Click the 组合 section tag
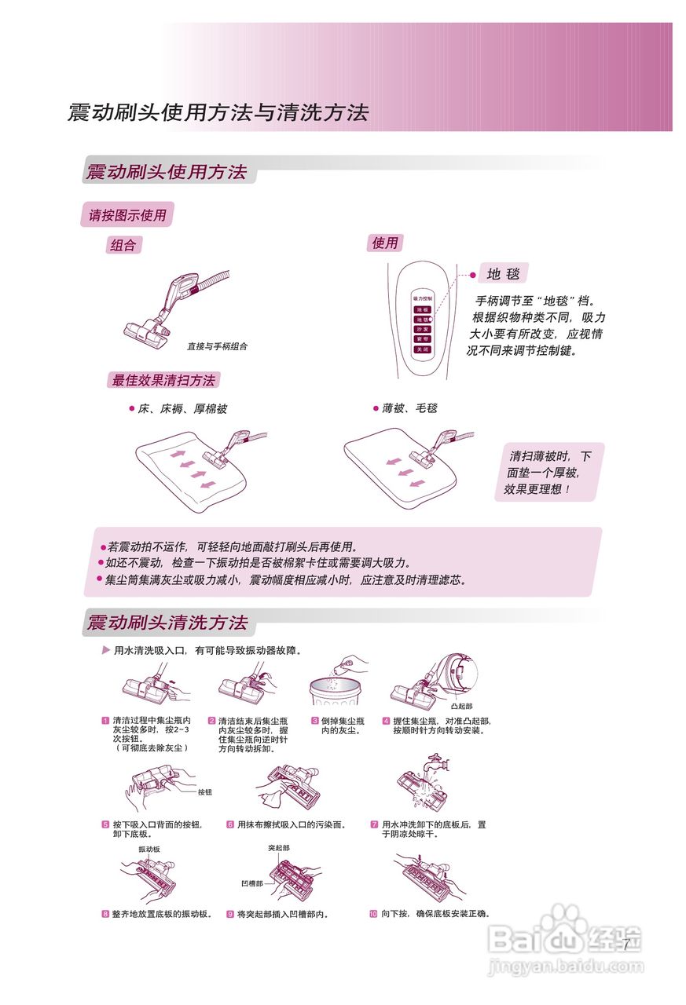pyautogui.click(x=123, y=245)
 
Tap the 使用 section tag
pyautogui.click(x=384, y=243)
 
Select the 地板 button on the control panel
pyautogui.click(x=423, y=310)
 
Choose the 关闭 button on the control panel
pyautogui.click(x=423, y=349)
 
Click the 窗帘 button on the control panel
pyautogui.click(x=423, y=339)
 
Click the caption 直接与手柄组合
pyautogui.click(x=217, y=346)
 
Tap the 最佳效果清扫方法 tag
pyautogui.click(x=163, y=380)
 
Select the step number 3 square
pyautogui.click(x=314, y=721)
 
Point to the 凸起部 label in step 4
pyautogui.click(x=463, y=707)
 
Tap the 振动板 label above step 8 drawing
pyautogui.click(x=149, y=850)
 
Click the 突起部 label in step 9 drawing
pyautogui.click(x=279, y=848)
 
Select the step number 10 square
pyautogui.click(x=373, y=914)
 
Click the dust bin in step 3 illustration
pyautogui.click(x=337, y=692)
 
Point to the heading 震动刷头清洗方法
pyautogui.click(x=167, y=623)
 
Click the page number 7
pyautogui.click(x=626, y=945)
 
